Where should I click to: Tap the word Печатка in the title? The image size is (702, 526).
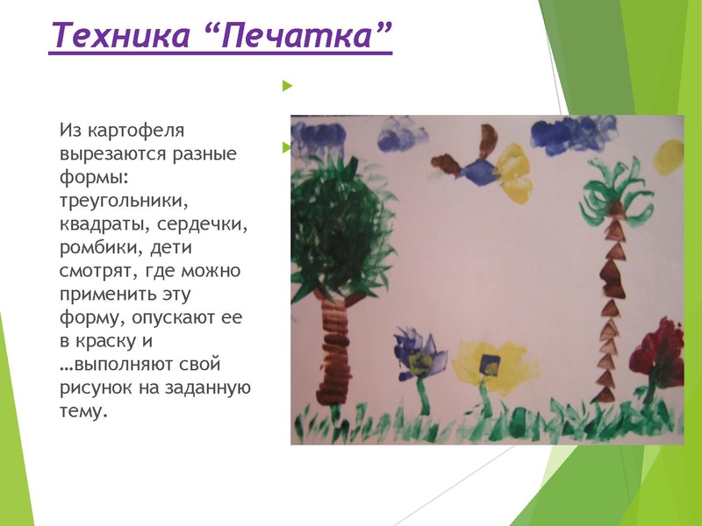tap(303, 36)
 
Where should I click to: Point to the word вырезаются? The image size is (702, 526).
tap(110, 153)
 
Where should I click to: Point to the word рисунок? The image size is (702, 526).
tap(96, 384)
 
